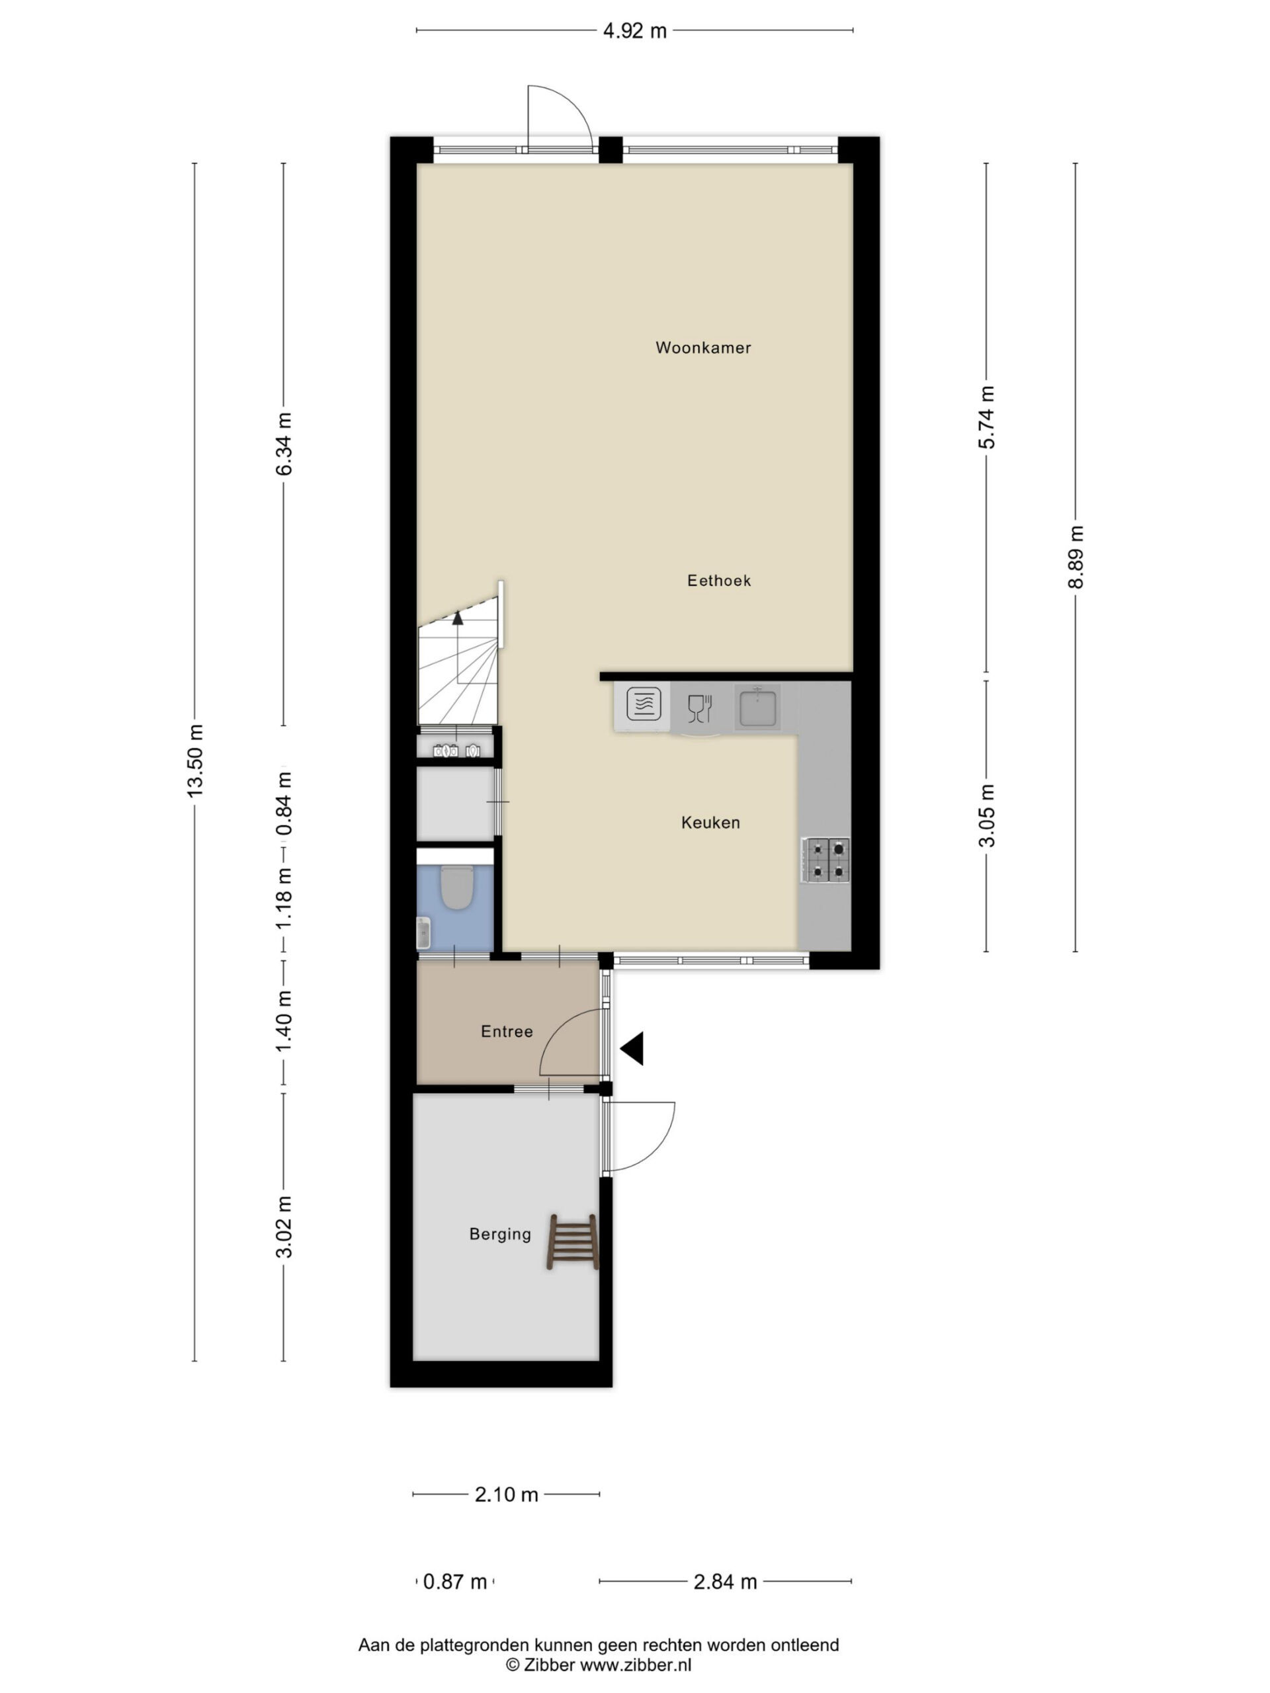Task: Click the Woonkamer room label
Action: tap(702, 347)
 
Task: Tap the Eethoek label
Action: tap(719, 580)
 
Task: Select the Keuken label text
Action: tap(710, 823)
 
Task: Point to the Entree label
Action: tap(507, 1031)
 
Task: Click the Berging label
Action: tap(500, 1234)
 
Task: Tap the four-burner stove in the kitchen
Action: tap(825, 860)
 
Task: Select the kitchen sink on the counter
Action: tap(758, 706)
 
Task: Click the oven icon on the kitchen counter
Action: tap(644, 704)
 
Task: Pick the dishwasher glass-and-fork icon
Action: tap(700, 708)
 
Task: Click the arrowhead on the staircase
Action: tap(458, 618)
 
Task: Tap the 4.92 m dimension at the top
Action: tap(634, 30)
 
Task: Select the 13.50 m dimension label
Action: tap(195, 760)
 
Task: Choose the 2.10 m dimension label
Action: tap(506, 1494)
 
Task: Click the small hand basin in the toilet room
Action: tap(423, 933)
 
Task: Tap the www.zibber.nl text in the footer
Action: tap(636, 1664)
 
